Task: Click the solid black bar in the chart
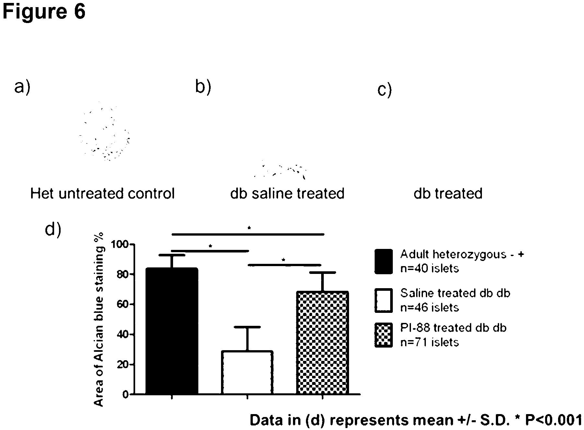click(x=172, y=331)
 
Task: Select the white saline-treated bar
click(x=247, y=373)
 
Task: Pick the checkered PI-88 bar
click(x=322, y=343)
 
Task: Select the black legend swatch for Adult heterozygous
click(x=384, y=261)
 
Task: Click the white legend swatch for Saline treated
click(x=384, y=300)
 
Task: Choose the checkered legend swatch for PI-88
click(x=384, y=335)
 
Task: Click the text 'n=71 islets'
click(x=430, y=342)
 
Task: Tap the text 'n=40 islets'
click(x=430, y=268)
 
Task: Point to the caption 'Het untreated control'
click(x=102, y=193)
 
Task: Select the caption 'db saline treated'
click(x=287, y=193)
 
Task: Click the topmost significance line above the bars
click(x=248, y=234)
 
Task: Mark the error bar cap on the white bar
click(x=247, y=327)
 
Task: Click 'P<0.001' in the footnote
click(x=554, y=420)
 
